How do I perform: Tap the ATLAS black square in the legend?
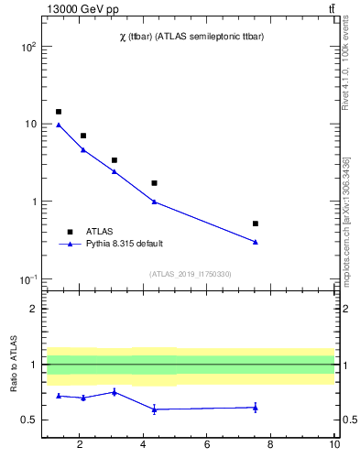click(x=70, y=232)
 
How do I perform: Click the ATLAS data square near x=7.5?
click(x=256, y=224)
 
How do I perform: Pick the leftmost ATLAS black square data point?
click(x=59, y=112)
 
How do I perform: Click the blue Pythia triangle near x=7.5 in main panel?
click(x=256, y=242)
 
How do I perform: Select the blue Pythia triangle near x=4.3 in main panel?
click(x=154, y=202)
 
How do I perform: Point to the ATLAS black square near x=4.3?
click(x=154, y=183)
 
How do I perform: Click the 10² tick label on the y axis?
click(x=27, y=46)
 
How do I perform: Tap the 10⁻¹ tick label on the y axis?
click(x=27, y=279)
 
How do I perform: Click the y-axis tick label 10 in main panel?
click(x=29, y=124)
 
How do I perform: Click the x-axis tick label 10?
click(x=334, y=445)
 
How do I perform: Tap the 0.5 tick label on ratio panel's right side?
click(x=349, y=420)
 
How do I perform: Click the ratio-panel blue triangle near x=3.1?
click(x=114, y=392)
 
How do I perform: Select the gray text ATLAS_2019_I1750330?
click(x=190, y=274)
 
